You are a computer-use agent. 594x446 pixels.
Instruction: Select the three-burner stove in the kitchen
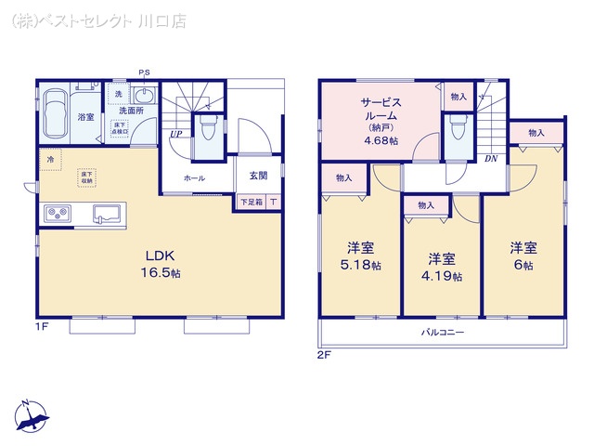57,215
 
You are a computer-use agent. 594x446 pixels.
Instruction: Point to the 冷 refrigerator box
50,160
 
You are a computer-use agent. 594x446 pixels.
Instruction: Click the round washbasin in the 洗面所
144,96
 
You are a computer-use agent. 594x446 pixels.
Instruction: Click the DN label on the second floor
490,158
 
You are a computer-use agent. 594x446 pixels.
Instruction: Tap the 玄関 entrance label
258,176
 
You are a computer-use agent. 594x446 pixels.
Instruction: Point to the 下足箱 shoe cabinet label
251,202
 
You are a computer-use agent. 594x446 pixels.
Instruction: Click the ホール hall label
194,177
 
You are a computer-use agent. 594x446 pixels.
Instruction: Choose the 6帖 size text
523,265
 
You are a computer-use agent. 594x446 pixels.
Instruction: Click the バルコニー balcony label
443,332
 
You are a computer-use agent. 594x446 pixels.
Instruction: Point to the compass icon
32,416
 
